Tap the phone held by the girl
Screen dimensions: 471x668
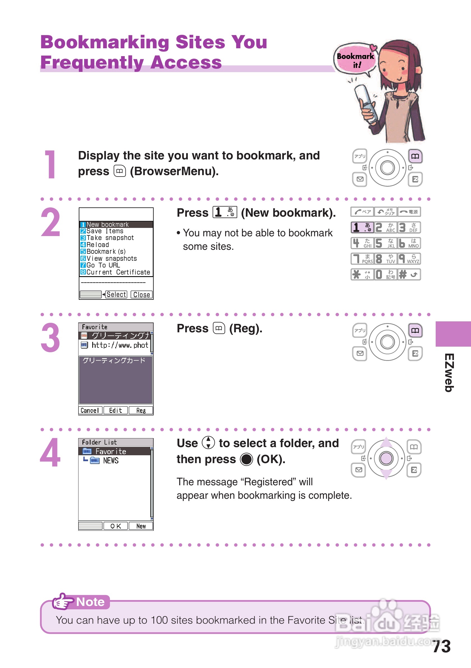pyautogui.click(x=366, y=104)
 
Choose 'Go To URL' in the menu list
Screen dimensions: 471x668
pyautogui.click(x=100, y=265)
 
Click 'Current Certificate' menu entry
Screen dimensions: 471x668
pyautogui.click(x=115, y=272)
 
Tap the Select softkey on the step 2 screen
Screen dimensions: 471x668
pyautogui.click(x=116, y=294)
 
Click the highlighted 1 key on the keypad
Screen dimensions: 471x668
pyautogui.click(x=362, y=227)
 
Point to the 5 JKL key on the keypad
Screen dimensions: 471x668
pyautogui.click(x=385, y=243)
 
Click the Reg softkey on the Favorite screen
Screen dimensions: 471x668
pyautogui.click(x=141, y=410)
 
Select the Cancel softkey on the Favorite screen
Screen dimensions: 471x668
pyautogui.click(x=90, y=410)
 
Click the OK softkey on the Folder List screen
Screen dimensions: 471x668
pyautogui.click(x=116, y=526)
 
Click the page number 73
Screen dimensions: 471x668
pyautogui.click(x=441, y=646)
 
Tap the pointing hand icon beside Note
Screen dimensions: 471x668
pyautogui.click(x=62, y=601)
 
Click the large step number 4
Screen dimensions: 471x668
pyautogui.click(x=50, y=452)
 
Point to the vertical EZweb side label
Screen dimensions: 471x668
pyautogui.click(x=449, y=373)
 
